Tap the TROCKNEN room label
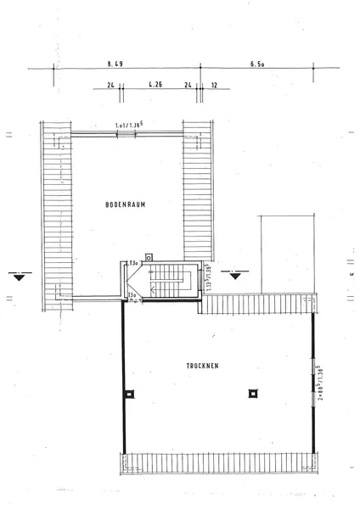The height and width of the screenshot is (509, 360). click(203, 366)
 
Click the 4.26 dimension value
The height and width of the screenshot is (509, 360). click(155, 85)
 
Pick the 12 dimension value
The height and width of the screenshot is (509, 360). click(214, 85)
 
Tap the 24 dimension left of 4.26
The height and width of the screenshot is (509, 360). click(110, 85)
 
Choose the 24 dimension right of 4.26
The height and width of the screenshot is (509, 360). click(200, 85)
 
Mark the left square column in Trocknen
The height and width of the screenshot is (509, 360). click(128, 394)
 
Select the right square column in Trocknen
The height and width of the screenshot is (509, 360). click(252, 394)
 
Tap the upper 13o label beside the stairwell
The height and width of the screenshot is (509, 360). click(133, 264)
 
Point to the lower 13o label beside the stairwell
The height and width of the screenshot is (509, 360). click(133, 294)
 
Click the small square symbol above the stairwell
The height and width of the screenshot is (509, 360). click(149, 255)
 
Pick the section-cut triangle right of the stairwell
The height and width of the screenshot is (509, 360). click(236, 274)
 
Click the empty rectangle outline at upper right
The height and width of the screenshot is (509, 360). click(286, 249)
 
